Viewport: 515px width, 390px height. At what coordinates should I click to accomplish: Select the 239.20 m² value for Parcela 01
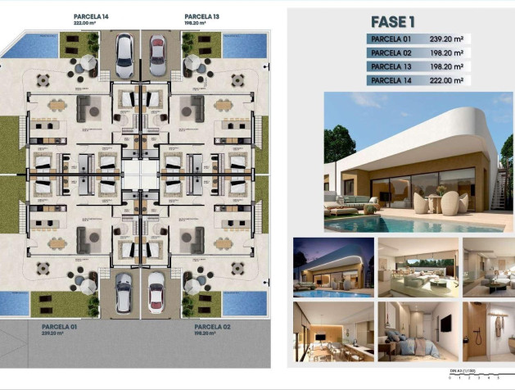446,39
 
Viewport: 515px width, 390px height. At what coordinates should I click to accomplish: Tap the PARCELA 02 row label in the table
391,52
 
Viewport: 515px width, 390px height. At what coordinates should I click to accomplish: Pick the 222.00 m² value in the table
446,80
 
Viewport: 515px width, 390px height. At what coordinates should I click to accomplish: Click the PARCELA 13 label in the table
391,66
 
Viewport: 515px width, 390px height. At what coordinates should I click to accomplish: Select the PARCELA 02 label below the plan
201,326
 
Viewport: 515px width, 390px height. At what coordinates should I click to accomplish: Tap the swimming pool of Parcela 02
244,302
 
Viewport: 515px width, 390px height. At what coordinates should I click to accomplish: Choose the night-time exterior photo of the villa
332,265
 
